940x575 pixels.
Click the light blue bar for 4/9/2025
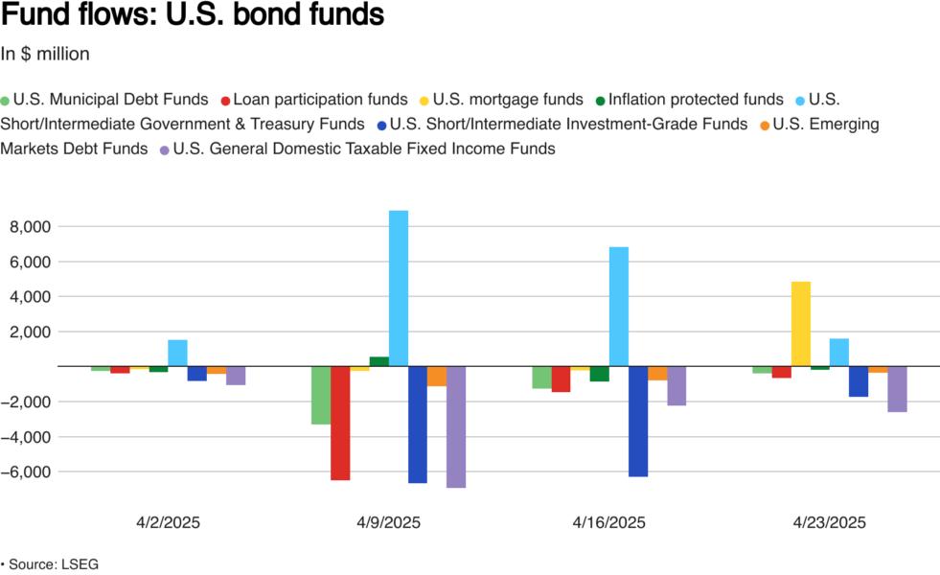point(399,287)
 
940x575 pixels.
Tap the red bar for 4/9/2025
point(340,423)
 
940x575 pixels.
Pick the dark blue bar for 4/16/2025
point(638,421)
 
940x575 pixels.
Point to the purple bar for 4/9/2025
point(456,426)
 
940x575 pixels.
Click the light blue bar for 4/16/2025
point(619,306)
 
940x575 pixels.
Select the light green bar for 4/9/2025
point(321,395)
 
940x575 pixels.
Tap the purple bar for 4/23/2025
point(897,389)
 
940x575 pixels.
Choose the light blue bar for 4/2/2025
point(177,353)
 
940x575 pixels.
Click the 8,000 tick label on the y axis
point(29,227)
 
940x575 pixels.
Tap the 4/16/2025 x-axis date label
point(609,523)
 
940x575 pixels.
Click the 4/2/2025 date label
point(169,523)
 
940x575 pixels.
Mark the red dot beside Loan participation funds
point(225,100)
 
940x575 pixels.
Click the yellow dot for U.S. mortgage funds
point(425,100)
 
